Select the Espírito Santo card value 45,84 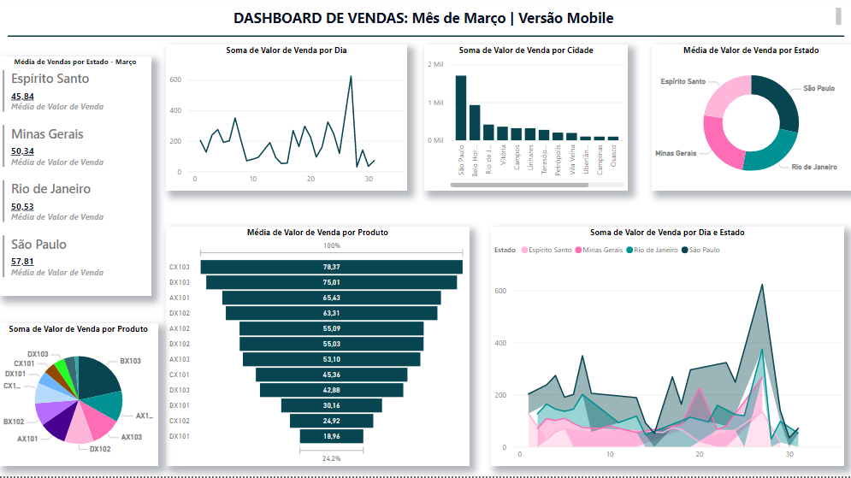[23, 97]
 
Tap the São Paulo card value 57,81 [23, 262]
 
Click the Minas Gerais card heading [47, 133]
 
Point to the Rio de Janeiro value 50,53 [23, 207]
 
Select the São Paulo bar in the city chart [460, 108]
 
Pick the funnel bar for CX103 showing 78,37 [331, 267]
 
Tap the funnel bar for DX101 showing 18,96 [331, 436]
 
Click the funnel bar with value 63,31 [331, 313]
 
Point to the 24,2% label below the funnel [331, 458]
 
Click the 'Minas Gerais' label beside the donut [675, 153]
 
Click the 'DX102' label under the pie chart [100, 449]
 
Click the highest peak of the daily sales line [351, 77]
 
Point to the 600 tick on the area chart [501, 291]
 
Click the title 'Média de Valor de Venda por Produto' [317, 233]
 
